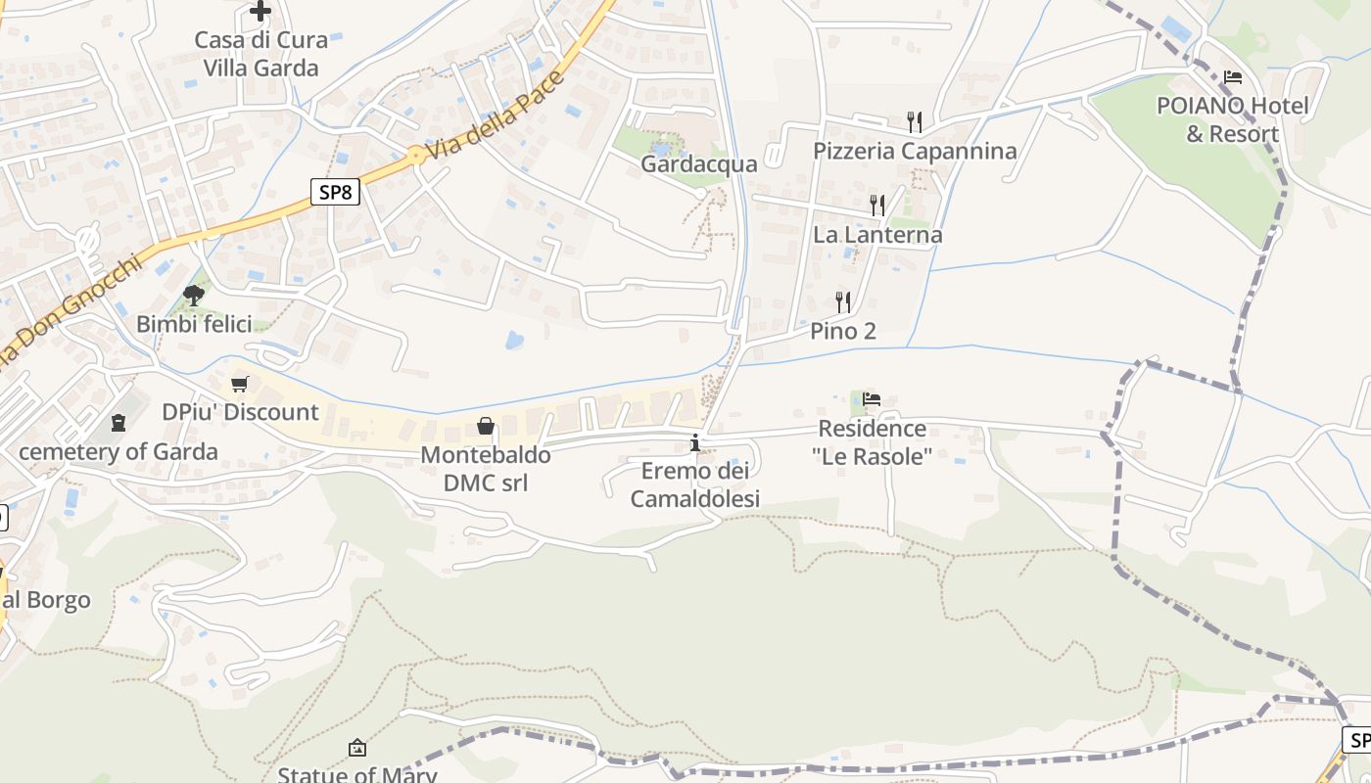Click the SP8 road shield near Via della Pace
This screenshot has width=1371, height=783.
(x=335, y=192)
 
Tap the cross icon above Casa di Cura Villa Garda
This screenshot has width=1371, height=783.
(x=260, y=11)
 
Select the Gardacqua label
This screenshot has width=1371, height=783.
(x=699, y=163)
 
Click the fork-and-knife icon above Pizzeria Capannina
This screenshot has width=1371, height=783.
(x=915, y=121)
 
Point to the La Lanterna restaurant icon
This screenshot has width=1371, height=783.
(x=877, y=205)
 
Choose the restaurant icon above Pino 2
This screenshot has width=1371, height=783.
(x=843, y=301)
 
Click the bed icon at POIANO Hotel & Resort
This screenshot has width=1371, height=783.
(x=1233, y=77)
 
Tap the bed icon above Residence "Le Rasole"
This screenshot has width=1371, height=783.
(x=872, y=398)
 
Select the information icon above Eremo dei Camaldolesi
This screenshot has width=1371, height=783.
(x=695, y=442)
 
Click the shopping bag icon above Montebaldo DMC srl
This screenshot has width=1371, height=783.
(x=485, y=425)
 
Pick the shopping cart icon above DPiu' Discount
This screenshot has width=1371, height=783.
(x=240, y=383)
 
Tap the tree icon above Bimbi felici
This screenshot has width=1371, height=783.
(x=194, y=294)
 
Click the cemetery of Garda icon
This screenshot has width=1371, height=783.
(x=118, y=423)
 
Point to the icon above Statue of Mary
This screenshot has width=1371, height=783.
(x=357, y=748)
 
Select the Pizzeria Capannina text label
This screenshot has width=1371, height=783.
(x=915, y=151)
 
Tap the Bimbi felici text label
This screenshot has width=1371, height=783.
(x=194, y=324)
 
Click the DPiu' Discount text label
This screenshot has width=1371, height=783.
(x=240, y=412)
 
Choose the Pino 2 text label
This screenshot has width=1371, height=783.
(x=843, y=331)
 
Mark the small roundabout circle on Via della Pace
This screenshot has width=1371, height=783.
(x=416, y=155)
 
